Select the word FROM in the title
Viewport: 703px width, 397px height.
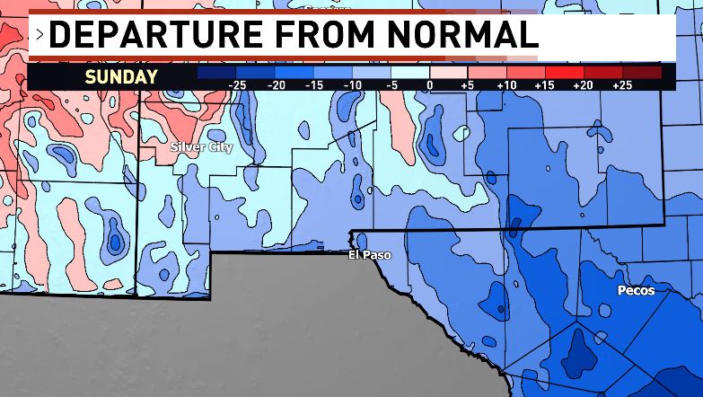pyautogui.click(x=315, y=35)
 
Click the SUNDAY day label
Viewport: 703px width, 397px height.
pyautogui.click(x=121, y=76)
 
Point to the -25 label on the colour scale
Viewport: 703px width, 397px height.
pyautogui.click(x=237, y=84)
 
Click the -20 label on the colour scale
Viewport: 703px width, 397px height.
pyautogui.click(x=276, y=84)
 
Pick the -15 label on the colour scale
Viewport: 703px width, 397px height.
pyautogui.click(x=314, y=84)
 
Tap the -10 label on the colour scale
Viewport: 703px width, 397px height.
pyautogui.click(x=353, y=84)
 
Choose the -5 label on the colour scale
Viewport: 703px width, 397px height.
pyautogui.click(x=391, y=84)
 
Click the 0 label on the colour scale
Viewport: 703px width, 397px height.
pyautogui.click(x=430, y=84)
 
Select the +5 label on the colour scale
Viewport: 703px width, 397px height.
pyautogui.click(x=467, y=84)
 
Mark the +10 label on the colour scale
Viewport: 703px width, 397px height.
pyautogui.click(x=505, y=84)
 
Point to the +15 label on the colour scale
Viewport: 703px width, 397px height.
pyautogui.click(x=544, y=84)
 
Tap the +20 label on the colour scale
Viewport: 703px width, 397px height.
pyautogui.click(x=583, y=84)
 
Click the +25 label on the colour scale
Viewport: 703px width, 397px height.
pyautogui.click(x=621, y=84)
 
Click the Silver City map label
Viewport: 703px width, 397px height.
pyautogui.click(x=201, y=146)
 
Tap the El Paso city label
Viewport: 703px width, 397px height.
pyautogui.click(x=370, y=255)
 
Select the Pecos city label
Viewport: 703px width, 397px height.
pyautogui.click(x=636, y=291)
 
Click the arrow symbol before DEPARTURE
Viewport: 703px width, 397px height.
pyautogui.click(x=40, y=36)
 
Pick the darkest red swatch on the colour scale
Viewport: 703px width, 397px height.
pyautogui.click(x=642, y=72)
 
